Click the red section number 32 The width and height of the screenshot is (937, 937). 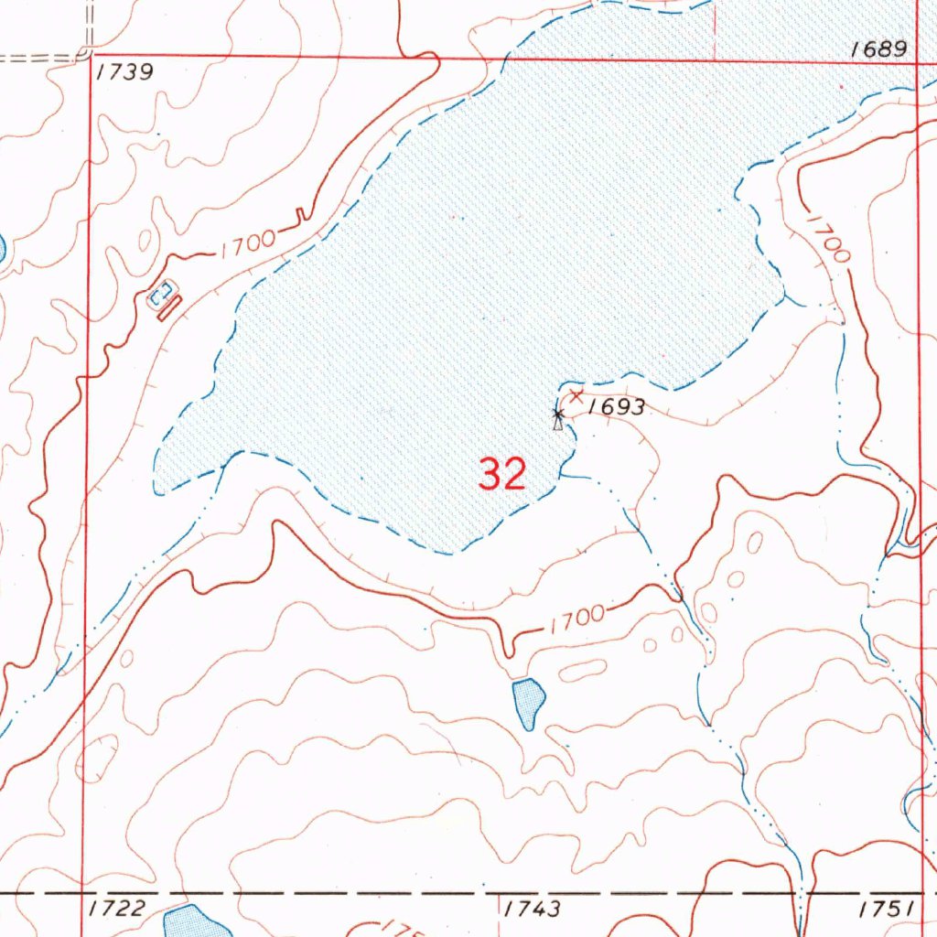(502, 474)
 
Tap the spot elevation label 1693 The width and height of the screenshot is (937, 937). (617, 408)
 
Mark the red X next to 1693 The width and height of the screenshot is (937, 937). (576, 395)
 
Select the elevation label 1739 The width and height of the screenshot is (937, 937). (124, 73)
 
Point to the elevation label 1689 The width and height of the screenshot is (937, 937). (878, 49)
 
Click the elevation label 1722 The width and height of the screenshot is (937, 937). (118, 908)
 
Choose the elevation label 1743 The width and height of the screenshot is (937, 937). (532, 908)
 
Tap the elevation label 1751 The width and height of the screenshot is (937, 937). (887, 908)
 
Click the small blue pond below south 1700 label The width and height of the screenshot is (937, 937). (529, 703)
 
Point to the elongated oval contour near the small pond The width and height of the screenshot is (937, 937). (582, 672)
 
